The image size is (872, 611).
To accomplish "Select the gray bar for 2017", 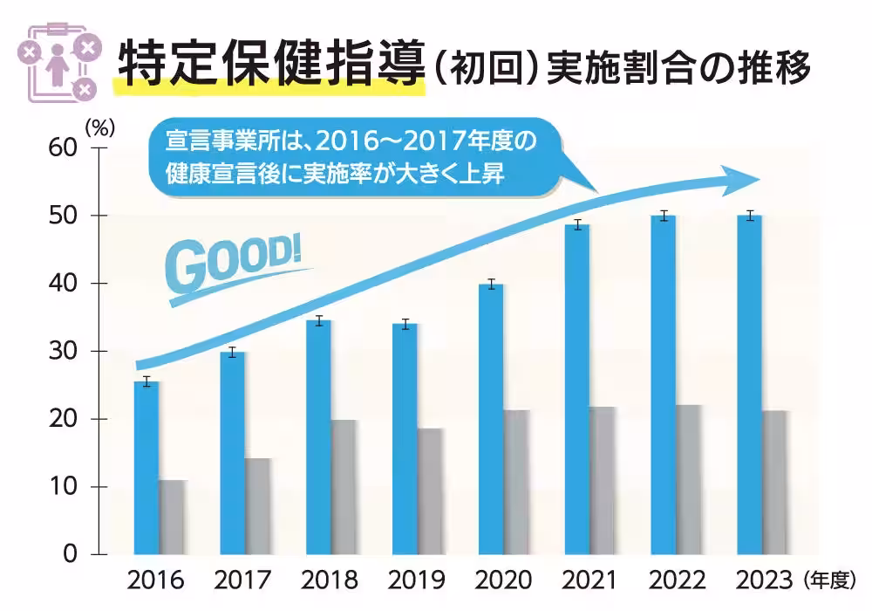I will tap(257, 506).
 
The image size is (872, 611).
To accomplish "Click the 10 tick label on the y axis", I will tap(70, 487).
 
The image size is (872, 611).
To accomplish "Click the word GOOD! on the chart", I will tap(234, 263).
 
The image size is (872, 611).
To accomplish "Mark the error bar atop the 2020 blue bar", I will tap(492, 284).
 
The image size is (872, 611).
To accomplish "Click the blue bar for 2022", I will tap(664, 385).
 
